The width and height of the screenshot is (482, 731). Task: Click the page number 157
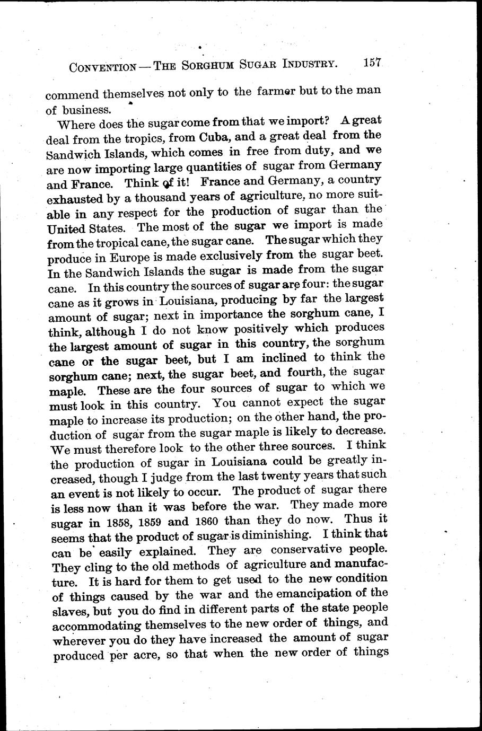click(x=372, y=63)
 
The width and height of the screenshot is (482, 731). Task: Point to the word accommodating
click(x=104, y=626)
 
